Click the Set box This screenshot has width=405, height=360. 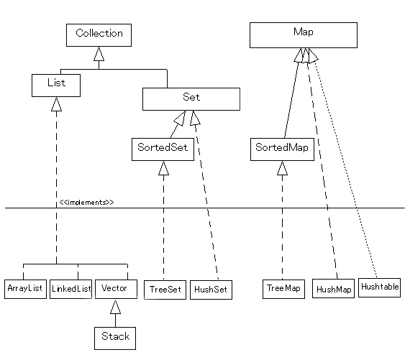click(x=191, y=99)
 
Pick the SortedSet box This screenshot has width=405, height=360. click(x=163, y=149)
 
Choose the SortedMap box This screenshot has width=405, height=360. click(x=283, y=149)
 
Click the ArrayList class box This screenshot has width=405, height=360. click(x=25, y=289)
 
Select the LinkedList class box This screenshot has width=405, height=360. click(x=71, y=289)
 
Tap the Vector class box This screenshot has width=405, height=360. click(x=114, y=288)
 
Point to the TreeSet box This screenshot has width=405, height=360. click(x=165, y=290)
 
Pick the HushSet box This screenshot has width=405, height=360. click(x=211, y=290)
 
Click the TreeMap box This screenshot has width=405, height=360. click(x=283, y=289)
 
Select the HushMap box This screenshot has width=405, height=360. click(x=333, y=290)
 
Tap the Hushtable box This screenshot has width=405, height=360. click(x=379, y=286)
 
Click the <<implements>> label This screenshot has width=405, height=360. click(x=86, y=203)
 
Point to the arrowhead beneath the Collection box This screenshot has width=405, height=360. click(x=99, y=55)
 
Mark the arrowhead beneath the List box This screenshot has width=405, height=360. click(x=56, y=105)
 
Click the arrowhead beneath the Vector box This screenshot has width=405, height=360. click(x=114, y=308)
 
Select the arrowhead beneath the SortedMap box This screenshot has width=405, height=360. click(x=283, y=169)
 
